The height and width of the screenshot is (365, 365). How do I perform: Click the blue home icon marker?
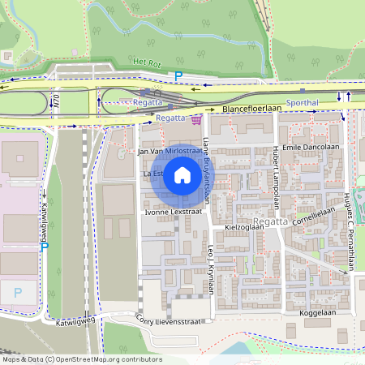pyautogui.click(x=182, y=175)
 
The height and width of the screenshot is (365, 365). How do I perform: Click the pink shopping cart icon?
pyautogui.click(x=196, y=120)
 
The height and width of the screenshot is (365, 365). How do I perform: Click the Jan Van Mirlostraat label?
pyautogui.click(x=170, y=151)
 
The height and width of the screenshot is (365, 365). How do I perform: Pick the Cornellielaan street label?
pyautogui.click(x=315, y=213)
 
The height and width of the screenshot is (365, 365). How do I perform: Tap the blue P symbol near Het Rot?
pyautogui.click(x=178, y=76)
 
